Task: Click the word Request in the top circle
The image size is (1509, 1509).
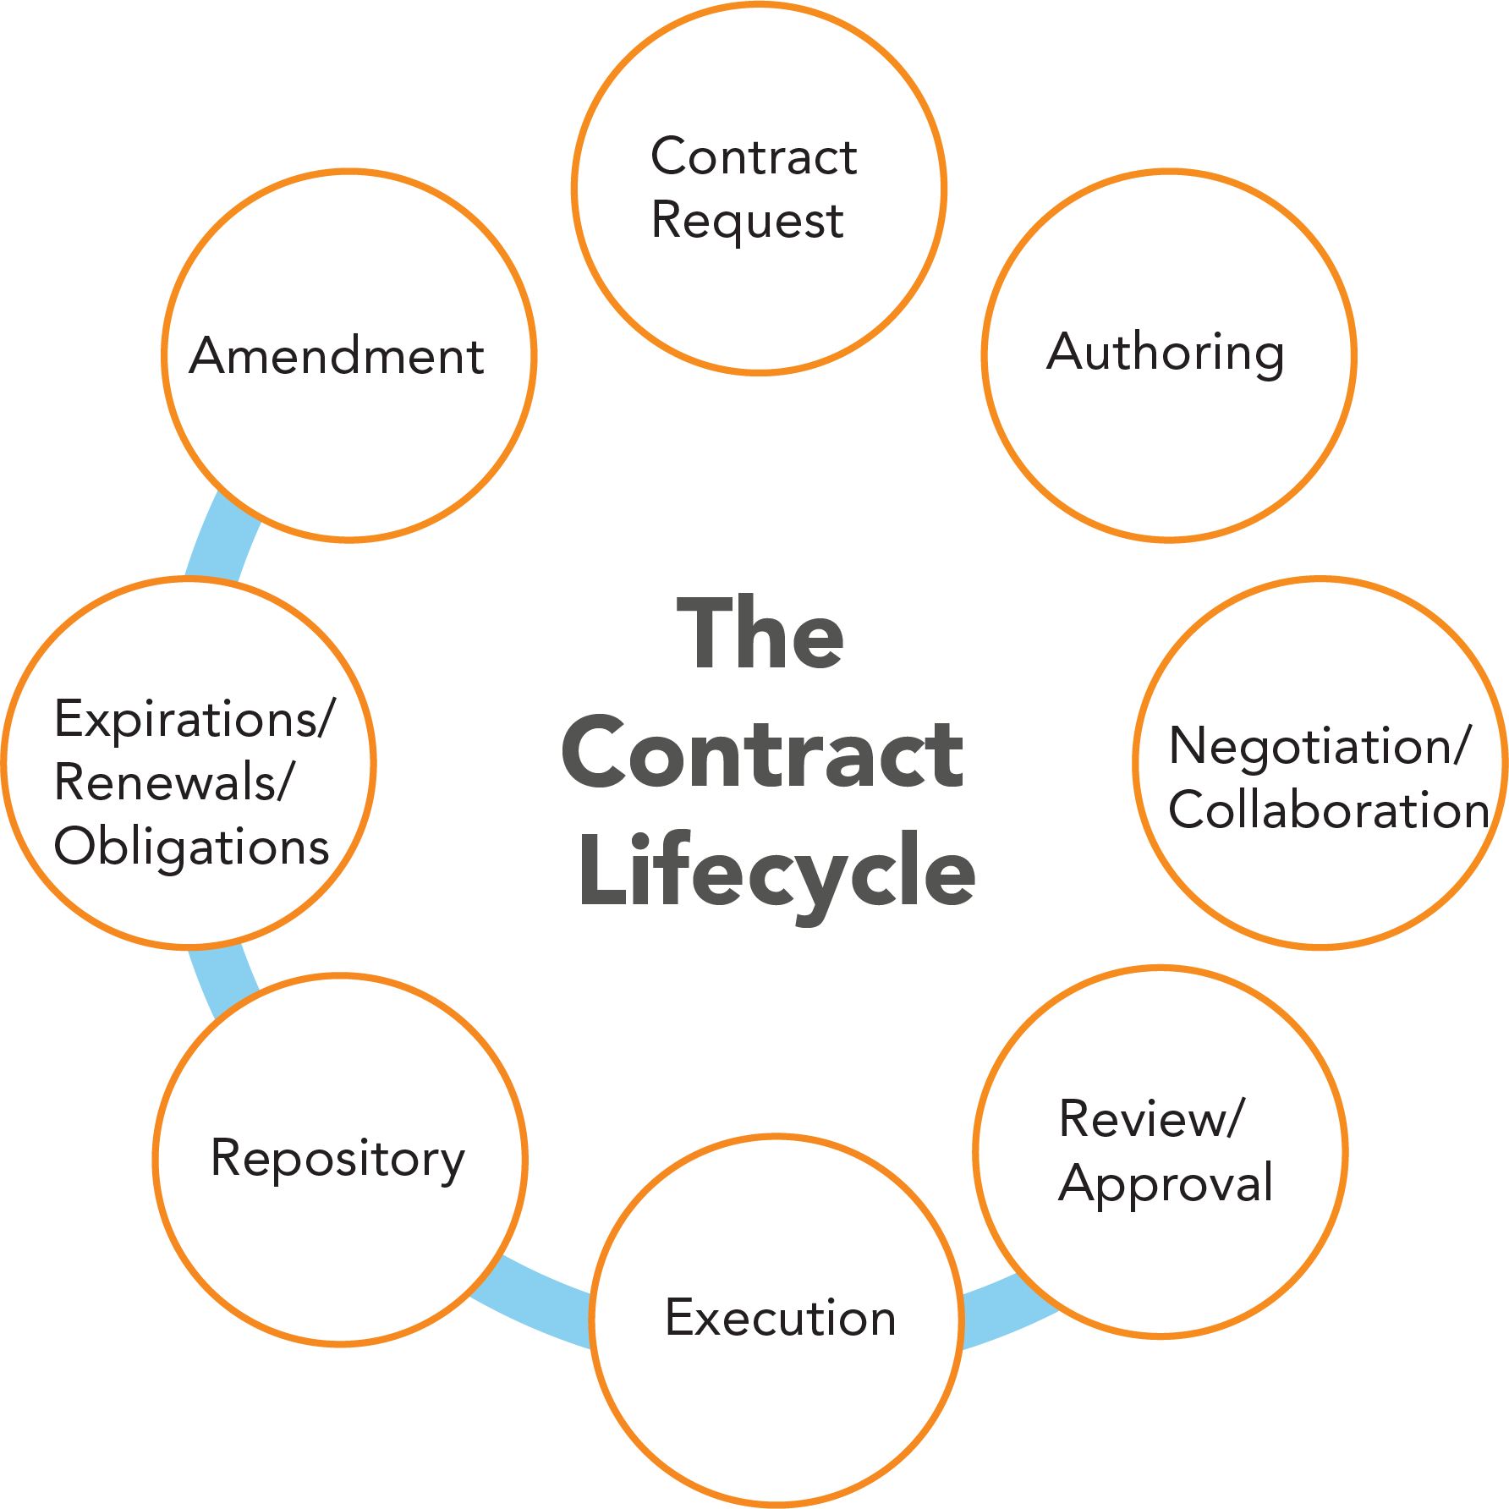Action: point(747,222)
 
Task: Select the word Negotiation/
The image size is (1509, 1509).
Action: point(1320,746)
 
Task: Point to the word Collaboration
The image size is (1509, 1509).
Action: point(1328,810)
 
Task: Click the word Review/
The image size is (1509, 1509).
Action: point(1152,1119)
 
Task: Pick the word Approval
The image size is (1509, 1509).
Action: point(1166,1183)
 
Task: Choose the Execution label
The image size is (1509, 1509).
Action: point(780,1318)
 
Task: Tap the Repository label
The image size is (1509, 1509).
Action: point(337,1159)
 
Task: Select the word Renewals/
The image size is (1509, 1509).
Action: point(174,782)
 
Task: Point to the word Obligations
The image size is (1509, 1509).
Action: point(191,847)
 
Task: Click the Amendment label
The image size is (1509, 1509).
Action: point(336,355)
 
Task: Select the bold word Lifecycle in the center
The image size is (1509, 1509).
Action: point(776,871)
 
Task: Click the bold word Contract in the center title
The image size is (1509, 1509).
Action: point(761,753)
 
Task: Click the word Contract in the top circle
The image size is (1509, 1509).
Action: point(754,157)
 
